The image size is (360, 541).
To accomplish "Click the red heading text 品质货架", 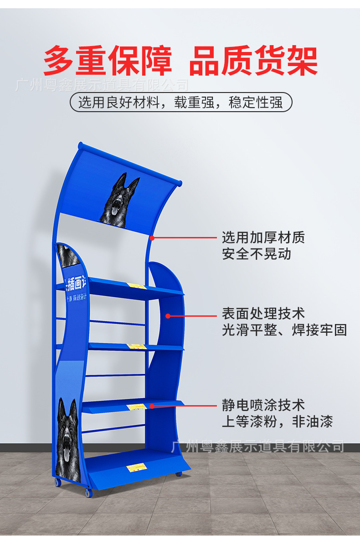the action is pos(253,60).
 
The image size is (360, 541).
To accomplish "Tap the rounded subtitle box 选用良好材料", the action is pos(180,102).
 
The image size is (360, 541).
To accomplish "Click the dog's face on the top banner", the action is pos(119,201).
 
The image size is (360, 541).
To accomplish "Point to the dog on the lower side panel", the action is pos(69,438).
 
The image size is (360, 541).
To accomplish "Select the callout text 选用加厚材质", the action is pos(263,237).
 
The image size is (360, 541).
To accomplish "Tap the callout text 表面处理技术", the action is pos(263,313).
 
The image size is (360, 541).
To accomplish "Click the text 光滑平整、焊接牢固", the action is pos(284,330).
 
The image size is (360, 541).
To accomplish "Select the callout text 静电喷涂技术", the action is pos(263,405).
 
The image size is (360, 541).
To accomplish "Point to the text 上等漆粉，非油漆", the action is pos(277,421).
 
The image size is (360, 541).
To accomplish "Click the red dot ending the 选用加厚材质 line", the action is pos(152,237).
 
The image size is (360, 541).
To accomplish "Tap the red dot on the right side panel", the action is pos(168,315).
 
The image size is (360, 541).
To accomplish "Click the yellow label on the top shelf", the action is pos(136,286).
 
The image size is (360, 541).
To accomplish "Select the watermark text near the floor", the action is pos(257,445).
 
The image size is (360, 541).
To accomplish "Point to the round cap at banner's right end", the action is pos(179,183).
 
